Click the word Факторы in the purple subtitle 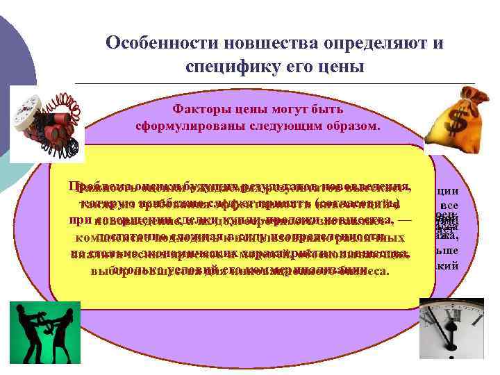coord(196,109)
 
